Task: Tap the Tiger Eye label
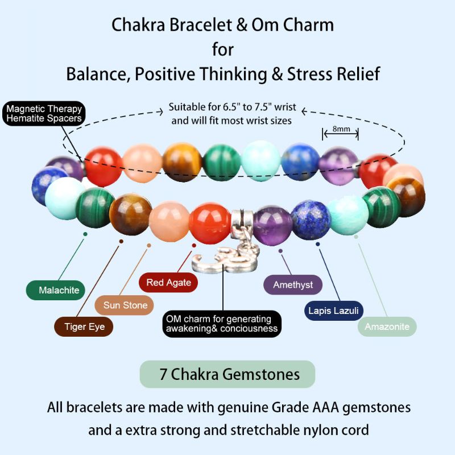(x=84, y=326)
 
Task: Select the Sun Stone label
(x=125, y=305)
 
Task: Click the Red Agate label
(x=168, y=282)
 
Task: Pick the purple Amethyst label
(x=293, y=284)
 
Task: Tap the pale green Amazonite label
(x=387, y=326)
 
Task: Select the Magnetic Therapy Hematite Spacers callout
(x=44, y=114)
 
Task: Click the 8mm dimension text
(x=341, y=129)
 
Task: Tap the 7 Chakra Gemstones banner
(x=227, y=374)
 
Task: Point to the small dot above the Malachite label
(x=85, y=233)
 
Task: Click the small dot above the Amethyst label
(x=280, y=250)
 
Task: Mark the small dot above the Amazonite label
(x=357, y=236)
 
